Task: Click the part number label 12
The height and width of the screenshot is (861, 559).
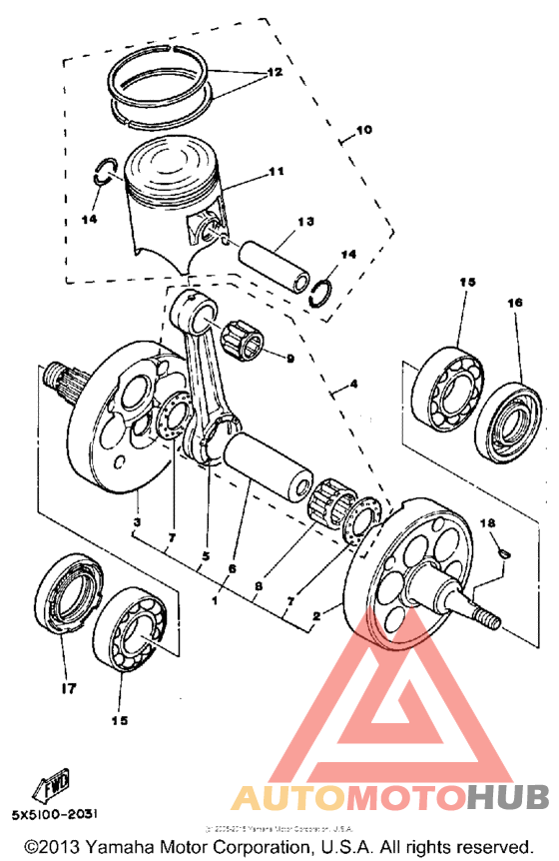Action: click(x=274, y=73)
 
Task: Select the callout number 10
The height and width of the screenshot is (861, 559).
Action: click(x=361, y=130)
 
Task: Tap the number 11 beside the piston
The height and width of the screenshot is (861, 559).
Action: click(x=276, y=172)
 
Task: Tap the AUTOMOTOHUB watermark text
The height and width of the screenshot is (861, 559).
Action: click(x=389, y=796)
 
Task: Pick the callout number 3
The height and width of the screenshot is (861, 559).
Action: click(x=137, y=521)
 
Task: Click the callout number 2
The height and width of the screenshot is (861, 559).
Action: click(x=317, y=616)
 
